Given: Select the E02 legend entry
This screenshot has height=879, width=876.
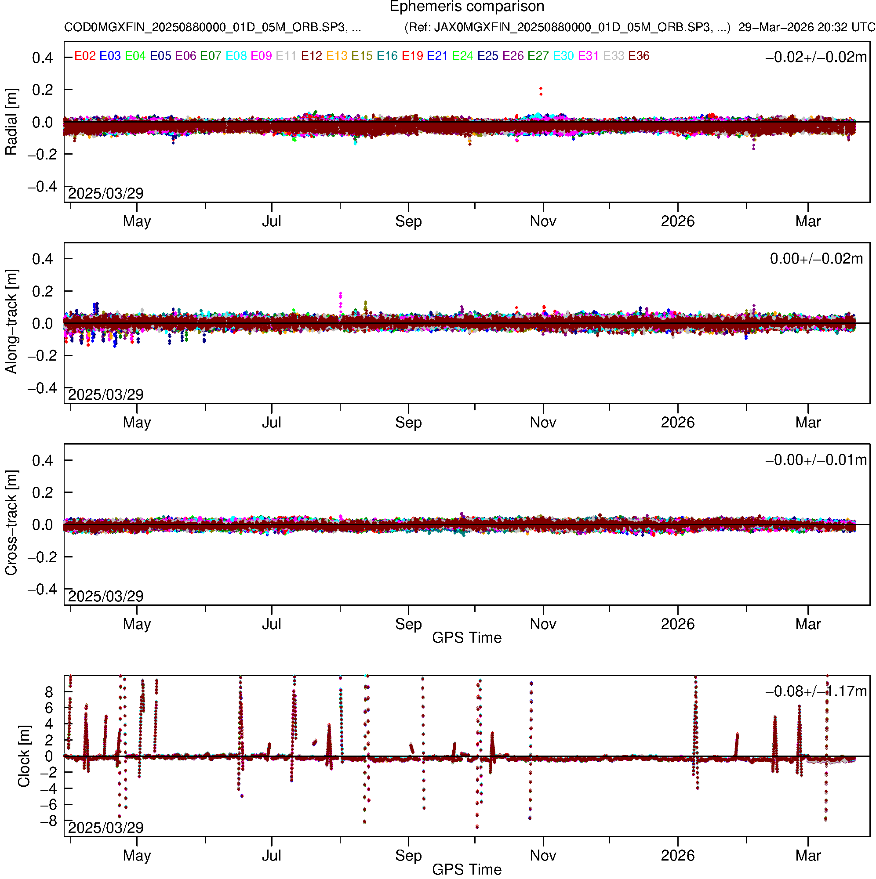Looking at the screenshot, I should [x=85, y=56].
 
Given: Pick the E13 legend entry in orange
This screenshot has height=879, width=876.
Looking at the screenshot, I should [x=337, y=56].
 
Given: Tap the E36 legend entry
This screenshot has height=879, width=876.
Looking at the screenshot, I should [x=638, y=56].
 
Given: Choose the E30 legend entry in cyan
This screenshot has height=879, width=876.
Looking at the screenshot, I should [x=563, y=56].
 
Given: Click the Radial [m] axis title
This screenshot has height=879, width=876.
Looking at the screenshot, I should [x=11, y=122].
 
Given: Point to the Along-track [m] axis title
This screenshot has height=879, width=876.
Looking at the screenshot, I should [x=11, y=322].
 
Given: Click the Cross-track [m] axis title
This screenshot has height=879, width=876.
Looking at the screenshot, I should [x=11, y=523].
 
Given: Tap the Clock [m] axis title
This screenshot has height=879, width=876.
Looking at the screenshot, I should [x=24, y=756].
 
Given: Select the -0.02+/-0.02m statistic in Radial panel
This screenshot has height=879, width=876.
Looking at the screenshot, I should [x=816, y=57].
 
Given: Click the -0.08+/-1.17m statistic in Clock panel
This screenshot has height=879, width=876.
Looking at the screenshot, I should [x=816, y=691].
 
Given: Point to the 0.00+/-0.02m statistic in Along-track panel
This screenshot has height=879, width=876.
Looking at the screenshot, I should [x=816, y=259].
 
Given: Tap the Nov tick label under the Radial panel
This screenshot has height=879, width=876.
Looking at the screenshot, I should [x=543, y=221].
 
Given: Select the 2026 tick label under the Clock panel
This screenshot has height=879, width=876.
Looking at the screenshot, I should [x=677, y=855].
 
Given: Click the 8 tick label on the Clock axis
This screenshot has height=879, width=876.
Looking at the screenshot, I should [x=49, y=692].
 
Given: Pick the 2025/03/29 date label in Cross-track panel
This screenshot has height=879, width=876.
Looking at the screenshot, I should [x=105, y=596].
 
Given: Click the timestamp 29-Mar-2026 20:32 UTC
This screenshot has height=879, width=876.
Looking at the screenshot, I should [x=807, y=27].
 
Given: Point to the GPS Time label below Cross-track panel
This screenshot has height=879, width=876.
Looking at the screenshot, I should [x=467, y=638].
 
